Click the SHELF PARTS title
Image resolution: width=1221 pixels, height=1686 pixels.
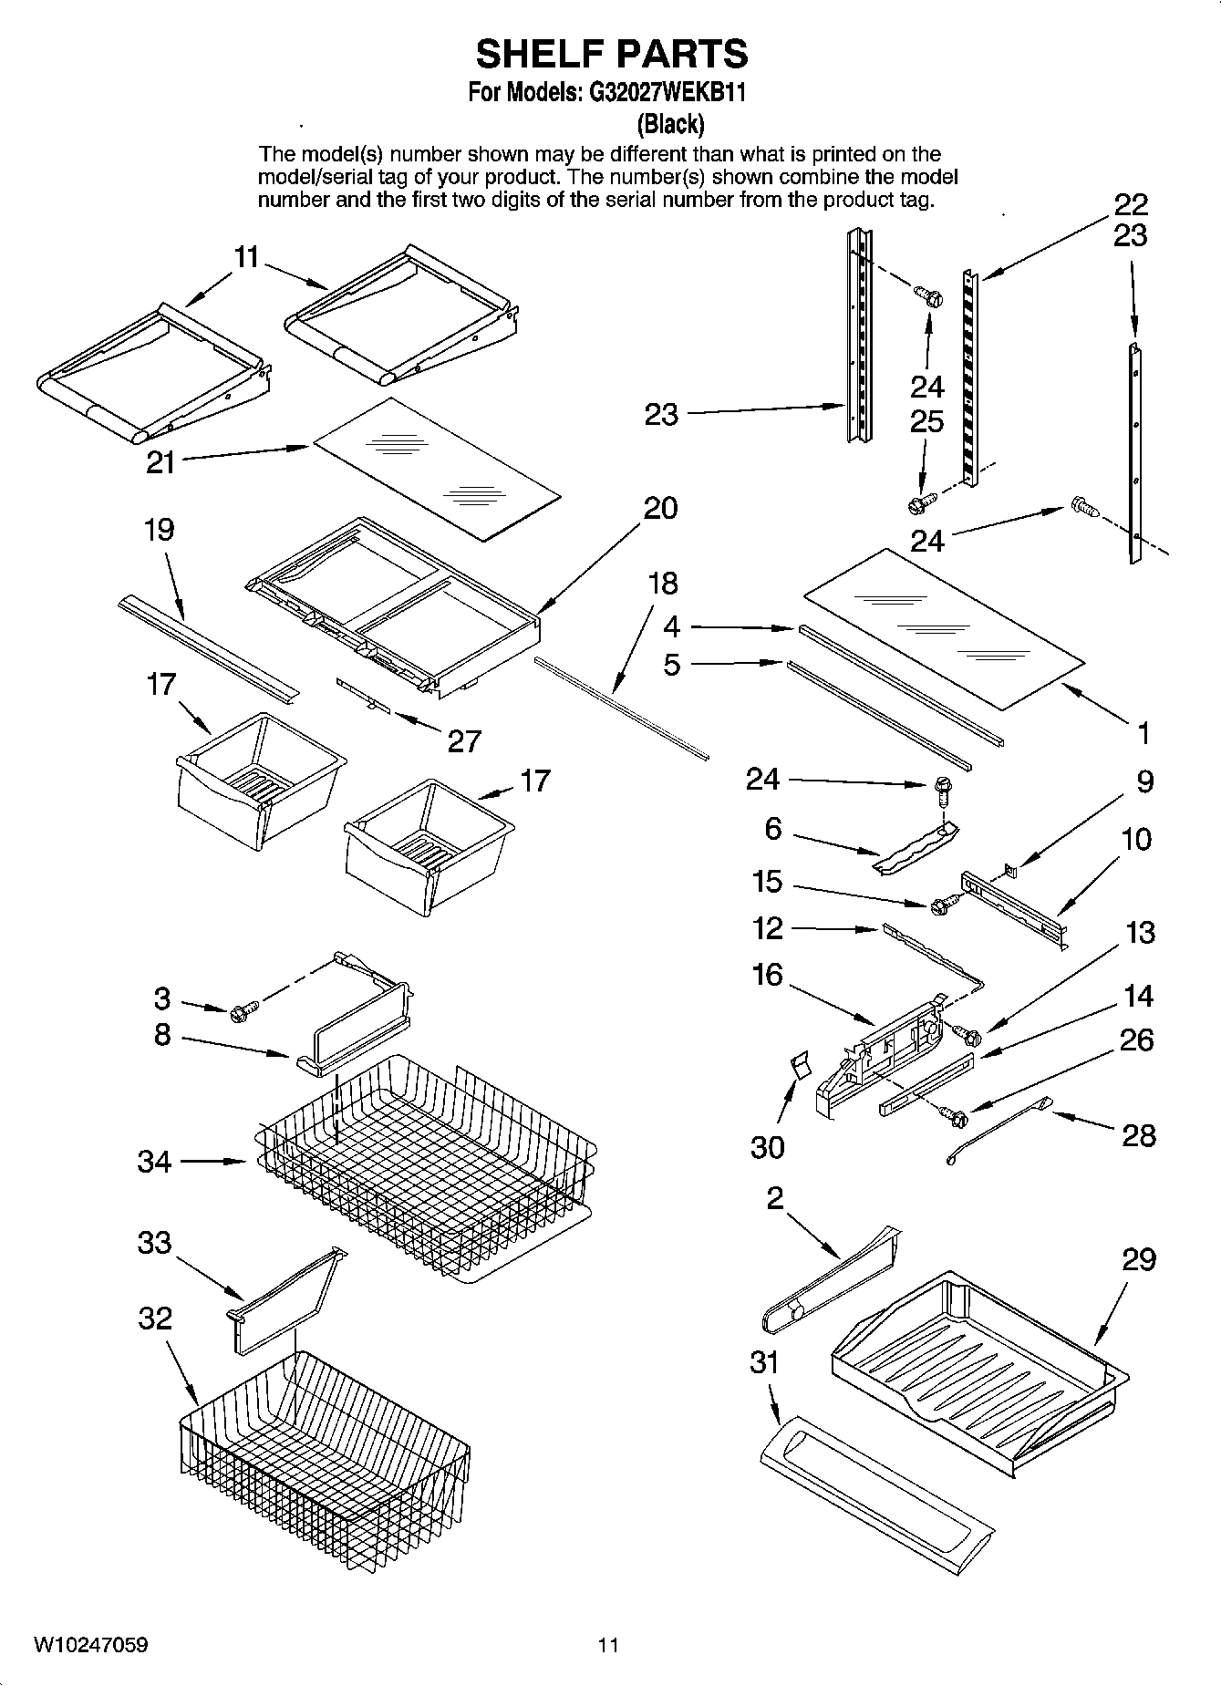tap(611, 54)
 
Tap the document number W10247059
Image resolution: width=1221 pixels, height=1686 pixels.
tap(91, 1645)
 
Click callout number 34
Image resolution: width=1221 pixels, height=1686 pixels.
tap(154, 1162)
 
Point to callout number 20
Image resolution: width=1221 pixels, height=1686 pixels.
tap(660, 508)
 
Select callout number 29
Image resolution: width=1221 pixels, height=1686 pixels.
tap(1139, 1259)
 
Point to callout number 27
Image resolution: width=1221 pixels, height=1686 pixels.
tap(463, 741)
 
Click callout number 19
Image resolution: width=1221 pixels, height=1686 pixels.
tap(160, 530)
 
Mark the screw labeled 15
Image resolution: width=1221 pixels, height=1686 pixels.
tap(943, 905)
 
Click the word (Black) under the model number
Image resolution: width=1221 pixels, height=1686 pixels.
tap(669, 123)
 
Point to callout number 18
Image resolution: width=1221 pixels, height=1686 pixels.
tap(663, 583)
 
